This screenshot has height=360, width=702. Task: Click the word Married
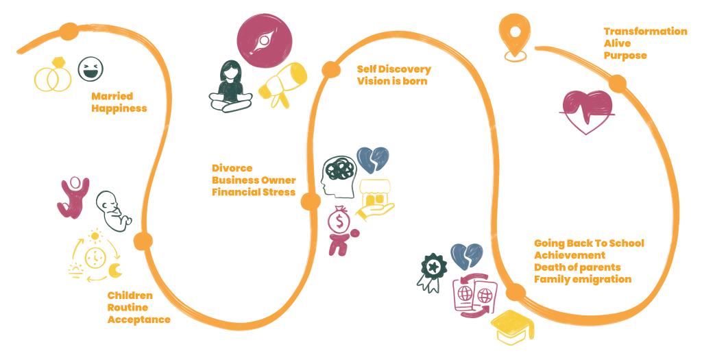click(x=112, y=96)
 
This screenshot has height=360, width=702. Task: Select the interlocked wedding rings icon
click(x=52, y=76)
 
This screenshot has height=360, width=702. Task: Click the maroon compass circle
click(x=263, y=41)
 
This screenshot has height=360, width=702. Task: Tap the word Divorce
click(x=232, y=168)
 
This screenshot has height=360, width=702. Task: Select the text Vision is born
click(x=392, y=81)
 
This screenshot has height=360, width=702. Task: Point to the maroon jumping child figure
click(x=73, y=197)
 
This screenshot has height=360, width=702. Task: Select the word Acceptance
click(x=138, y=320)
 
